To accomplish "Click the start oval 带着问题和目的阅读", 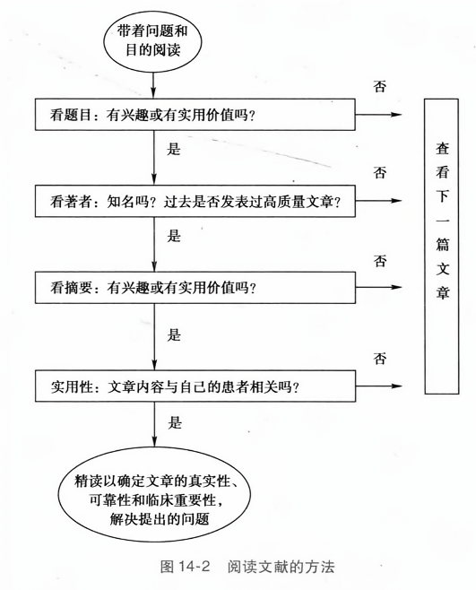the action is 152,41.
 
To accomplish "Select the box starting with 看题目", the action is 195,115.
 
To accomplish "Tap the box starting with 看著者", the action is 195,201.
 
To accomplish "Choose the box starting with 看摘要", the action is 195,288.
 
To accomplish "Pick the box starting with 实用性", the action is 195,386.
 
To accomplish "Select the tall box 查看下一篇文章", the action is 441,246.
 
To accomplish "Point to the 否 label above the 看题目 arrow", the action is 380,86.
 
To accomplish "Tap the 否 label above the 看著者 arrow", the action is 380,172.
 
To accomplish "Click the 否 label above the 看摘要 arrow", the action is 380,260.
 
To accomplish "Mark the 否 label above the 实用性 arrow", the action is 380,359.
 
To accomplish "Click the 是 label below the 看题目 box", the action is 174,150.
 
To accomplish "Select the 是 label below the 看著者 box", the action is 174,236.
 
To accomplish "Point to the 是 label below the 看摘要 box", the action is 174,334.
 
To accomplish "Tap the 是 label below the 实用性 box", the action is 175,422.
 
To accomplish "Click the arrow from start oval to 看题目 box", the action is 153,85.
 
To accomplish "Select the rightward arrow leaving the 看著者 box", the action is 379,201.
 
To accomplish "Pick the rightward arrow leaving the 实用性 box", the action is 379,386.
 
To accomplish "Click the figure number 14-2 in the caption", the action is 195,567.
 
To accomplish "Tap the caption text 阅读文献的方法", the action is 281,567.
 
